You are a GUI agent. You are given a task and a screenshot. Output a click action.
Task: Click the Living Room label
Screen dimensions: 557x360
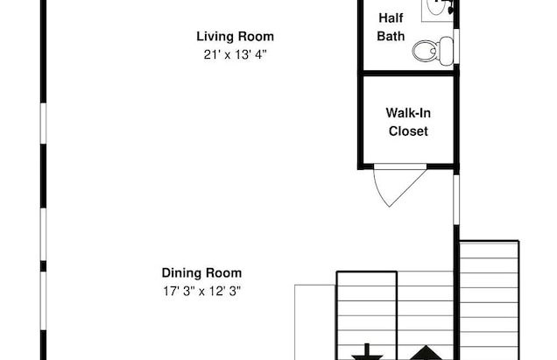click(236, 37)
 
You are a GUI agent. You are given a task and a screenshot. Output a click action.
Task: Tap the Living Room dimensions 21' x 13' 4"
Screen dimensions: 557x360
click(236, 54)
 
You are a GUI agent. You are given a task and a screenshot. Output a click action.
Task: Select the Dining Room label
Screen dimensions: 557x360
click(201, 273)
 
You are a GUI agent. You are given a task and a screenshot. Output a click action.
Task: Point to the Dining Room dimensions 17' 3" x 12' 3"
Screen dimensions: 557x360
click(201, 292)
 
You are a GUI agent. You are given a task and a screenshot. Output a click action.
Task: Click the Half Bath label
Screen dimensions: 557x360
click(391, 27)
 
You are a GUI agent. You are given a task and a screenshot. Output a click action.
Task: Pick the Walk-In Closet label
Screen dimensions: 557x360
click(408, 122)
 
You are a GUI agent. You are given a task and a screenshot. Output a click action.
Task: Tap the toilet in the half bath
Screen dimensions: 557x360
click(433, 51)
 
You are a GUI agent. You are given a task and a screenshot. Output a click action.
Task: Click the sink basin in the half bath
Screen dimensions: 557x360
click(436, 6)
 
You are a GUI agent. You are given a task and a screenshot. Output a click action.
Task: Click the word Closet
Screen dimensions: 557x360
click(408, 131)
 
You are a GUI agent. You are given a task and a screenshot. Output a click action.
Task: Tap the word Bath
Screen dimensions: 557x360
click(391, 36)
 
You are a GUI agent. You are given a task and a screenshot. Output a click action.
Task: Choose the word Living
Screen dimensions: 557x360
click(215, 37)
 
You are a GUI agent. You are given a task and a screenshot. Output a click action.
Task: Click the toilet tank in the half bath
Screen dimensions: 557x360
click(447, 51)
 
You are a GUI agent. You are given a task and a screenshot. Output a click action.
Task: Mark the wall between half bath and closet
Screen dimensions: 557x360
click(408, 74)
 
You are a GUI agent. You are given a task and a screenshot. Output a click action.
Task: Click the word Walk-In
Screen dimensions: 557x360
click(408, 113)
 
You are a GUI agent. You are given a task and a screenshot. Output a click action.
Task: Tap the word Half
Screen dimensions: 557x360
click(391, 18)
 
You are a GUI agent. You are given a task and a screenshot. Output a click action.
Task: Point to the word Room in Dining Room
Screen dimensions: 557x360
click(224, 273)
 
